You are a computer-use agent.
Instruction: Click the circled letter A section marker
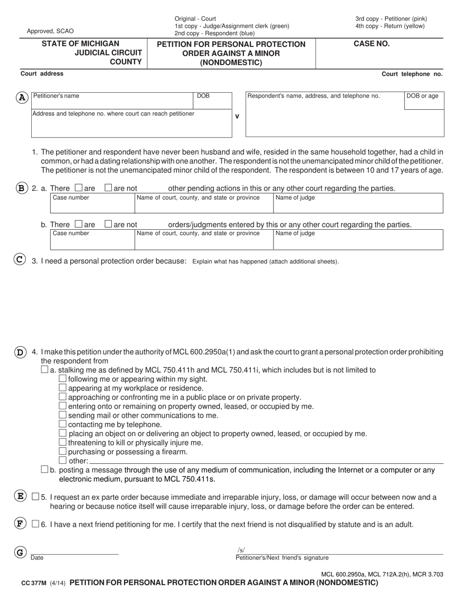[x=21, y=98]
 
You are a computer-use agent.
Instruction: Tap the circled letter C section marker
[x=19, y=260]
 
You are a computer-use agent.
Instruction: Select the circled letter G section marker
[x=20, y=553]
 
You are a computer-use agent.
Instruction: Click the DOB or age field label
[x=422, y=96]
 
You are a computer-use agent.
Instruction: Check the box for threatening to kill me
[x=62, y=442]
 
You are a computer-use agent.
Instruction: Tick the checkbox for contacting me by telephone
[x=62, y=424]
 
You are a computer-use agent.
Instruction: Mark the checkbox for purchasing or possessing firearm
[x=62, y=452]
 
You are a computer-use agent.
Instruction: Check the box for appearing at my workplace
[x=62, y=388]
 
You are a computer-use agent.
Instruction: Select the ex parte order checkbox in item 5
[x=35, y=497]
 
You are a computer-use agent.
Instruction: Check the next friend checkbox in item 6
[x=35, y=524]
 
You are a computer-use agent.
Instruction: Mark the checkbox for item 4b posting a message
[x=44, y=469]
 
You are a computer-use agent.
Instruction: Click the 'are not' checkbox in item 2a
[x=108, y=188]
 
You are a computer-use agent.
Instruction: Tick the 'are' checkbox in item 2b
[x=79, y=224]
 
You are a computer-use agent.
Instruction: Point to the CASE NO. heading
[x=371, y=44]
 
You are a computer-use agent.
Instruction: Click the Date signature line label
[x=37, y=558]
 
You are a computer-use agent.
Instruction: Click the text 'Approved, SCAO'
[x=50, y=31]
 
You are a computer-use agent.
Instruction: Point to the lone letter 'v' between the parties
[x=237, y=117]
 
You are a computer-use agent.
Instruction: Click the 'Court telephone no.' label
[x=412, y=74]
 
